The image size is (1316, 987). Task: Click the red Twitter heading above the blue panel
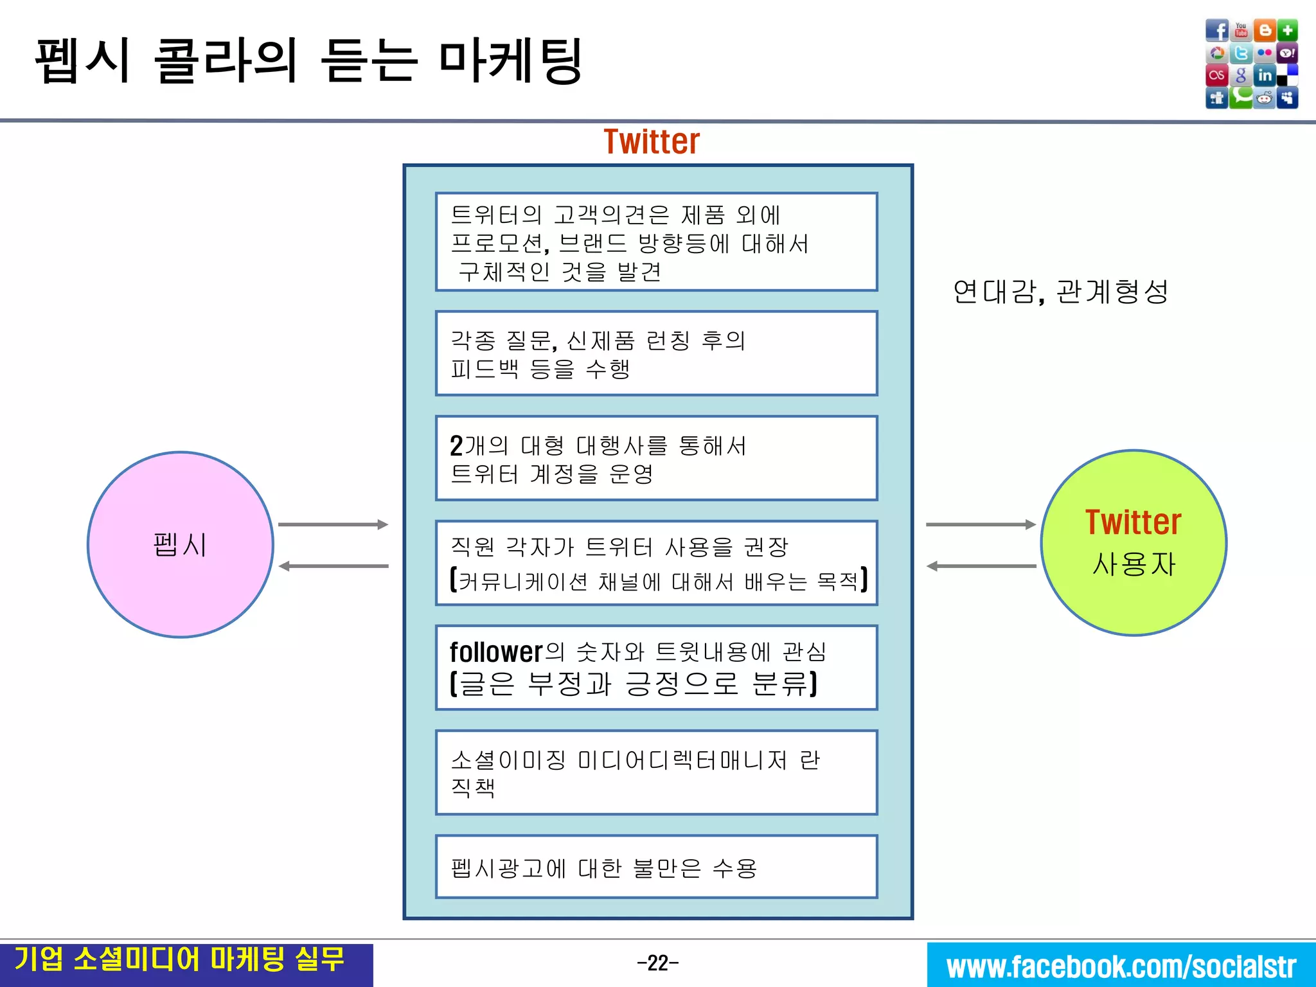[x=651, y=142]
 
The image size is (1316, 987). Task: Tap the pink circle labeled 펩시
[x=181, y=544]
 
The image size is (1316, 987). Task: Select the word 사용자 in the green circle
[x=1134, y=564]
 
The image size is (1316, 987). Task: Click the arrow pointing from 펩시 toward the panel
[x=333, y=524]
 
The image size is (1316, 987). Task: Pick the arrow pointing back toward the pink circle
[x=333, y=566]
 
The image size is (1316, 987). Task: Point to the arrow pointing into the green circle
[x=981, y=524]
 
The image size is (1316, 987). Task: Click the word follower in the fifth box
[x=496, y=652]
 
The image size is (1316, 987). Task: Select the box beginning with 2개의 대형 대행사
[x=656, y=458]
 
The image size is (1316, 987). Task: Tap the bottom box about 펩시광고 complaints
[x=656, y=867]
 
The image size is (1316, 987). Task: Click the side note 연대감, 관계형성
[x=1060, y=292]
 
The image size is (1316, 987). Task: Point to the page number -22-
[x=657, y=963]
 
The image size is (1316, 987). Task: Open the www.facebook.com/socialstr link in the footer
[x=1121, y=966]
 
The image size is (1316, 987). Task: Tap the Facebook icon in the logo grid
[x=1216, y=30]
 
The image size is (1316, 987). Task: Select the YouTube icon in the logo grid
[x=1241, y=30]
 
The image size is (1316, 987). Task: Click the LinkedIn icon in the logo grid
[x=1265, y=75]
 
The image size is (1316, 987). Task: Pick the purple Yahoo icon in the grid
[x=1288, y=53]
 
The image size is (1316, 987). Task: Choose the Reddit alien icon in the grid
[x=1265, y=98]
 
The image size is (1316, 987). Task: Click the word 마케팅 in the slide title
[x=511, y=61]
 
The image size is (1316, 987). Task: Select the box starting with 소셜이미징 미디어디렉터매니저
[x=656, y=772]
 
